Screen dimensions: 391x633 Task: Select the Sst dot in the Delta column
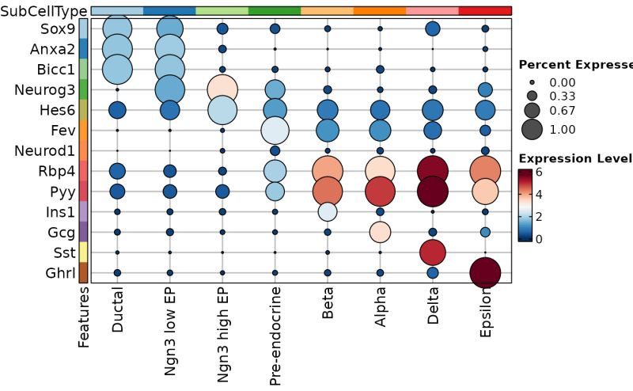tap(432, 252)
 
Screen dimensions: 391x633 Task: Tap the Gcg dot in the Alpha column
tap(380, 232)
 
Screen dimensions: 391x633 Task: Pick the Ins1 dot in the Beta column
tap(328, 211)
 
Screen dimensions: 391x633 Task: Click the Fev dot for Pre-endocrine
tap(275, 129)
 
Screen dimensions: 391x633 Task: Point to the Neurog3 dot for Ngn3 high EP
tap(222, 89)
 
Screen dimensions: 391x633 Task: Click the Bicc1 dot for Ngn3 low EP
tap(170, 69)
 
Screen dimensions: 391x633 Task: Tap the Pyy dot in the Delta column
tap(432, 191)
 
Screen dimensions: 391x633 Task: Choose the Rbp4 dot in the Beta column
tap(328, 170)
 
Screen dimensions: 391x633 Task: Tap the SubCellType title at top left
tap(44, 10)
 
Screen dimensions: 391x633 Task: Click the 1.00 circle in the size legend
tap(530, 129)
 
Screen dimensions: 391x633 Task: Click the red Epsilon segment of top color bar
tap(485, 10)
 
